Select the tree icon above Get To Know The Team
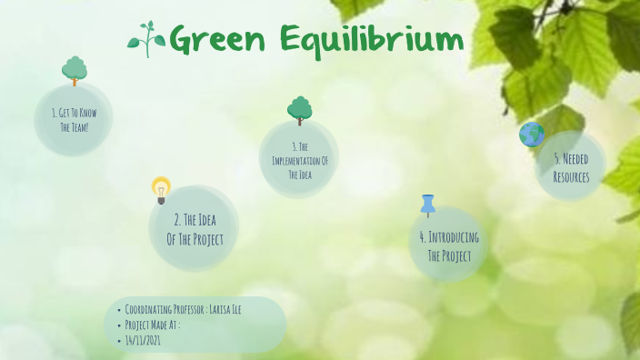coord(75,70)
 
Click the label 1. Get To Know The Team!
coord(74,120)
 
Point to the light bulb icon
coord(161,189)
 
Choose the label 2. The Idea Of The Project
coord(195,229)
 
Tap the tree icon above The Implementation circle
coord(299,110)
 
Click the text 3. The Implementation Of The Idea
coord(299,160)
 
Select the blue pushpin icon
coord(428,205)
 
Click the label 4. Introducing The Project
coord(449,245)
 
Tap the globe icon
coord(532,135)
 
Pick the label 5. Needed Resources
coord(571,167)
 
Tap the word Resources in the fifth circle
coord(571,176)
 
